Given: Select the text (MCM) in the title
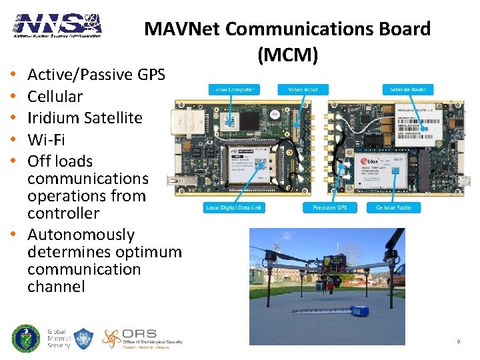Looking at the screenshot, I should point(286,55).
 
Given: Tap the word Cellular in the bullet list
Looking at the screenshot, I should point(55,97).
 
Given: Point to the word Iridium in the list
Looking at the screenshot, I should point(54,118).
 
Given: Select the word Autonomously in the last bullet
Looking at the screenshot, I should point(81,235).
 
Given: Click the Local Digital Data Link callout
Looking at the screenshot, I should point(233,208).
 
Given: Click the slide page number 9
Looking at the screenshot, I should point(459,342).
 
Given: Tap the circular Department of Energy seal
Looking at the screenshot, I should point(26,338).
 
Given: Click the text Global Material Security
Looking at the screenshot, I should point(59,339).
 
